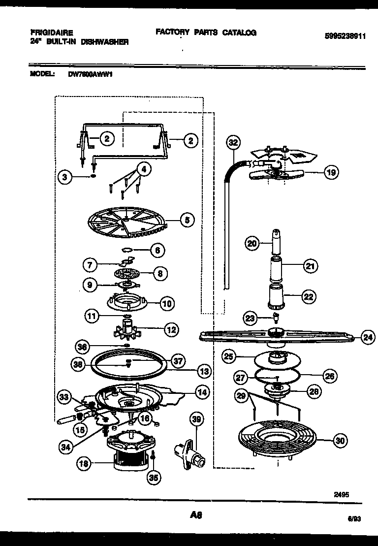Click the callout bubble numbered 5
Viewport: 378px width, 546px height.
[187, 220]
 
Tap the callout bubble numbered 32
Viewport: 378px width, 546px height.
[233, 142]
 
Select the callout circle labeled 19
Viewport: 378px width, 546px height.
[331, 172]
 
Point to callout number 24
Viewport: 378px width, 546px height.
[367, 337]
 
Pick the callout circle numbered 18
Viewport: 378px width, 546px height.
[85, 463]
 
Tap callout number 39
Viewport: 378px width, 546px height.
[196, 419]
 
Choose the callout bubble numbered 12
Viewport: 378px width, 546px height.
[171, 330]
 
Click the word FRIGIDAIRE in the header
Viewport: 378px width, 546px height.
[48, 33]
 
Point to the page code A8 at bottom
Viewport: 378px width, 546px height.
[195, 515]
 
